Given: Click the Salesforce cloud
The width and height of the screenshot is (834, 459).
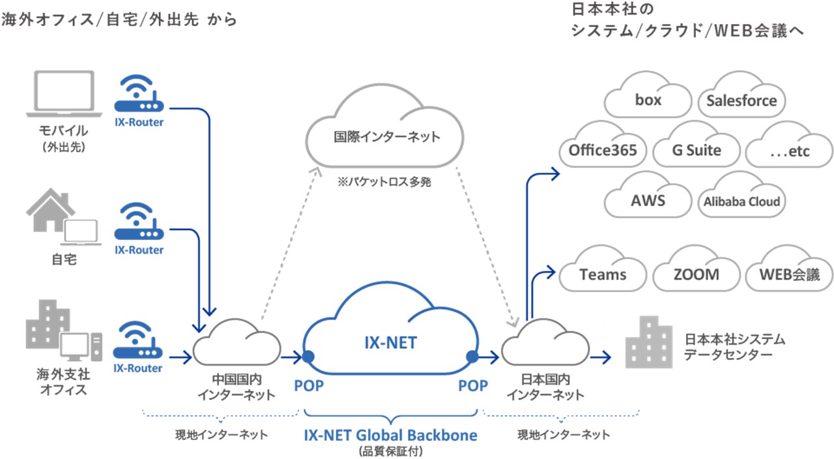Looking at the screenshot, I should [x=741, y=100].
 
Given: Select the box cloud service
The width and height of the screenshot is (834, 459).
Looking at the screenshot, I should [x=648, y=100].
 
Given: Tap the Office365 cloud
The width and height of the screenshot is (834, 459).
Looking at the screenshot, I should [x=603, y=150].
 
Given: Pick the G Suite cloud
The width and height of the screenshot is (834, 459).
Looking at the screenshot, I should [x=697, y=150].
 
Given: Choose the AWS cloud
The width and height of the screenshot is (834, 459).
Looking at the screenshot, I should [x=648, y=200].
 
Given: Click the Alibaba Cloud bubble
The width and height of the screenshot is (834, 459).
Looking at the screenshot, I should [x=741, y=201].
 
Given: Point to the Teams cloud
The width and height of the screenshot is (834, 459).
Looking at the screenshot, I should [x=603, y=274].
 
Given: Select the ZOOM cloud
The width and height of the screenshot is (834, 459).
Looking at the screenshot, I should [x=697, y=274].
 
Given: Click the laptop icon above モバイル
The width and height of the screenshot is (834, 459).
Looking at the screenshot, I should [x=64, y=95].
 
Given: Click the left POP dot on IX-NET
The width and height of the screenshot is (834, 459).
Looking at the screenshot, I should [x=308, y=357].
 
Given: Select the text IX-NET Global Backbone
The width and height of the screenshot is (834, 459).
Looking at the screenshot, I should [x=390, y=435].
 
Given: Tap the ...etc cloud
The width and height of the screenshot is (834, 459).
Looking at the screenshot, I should [x=789, y=151].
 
